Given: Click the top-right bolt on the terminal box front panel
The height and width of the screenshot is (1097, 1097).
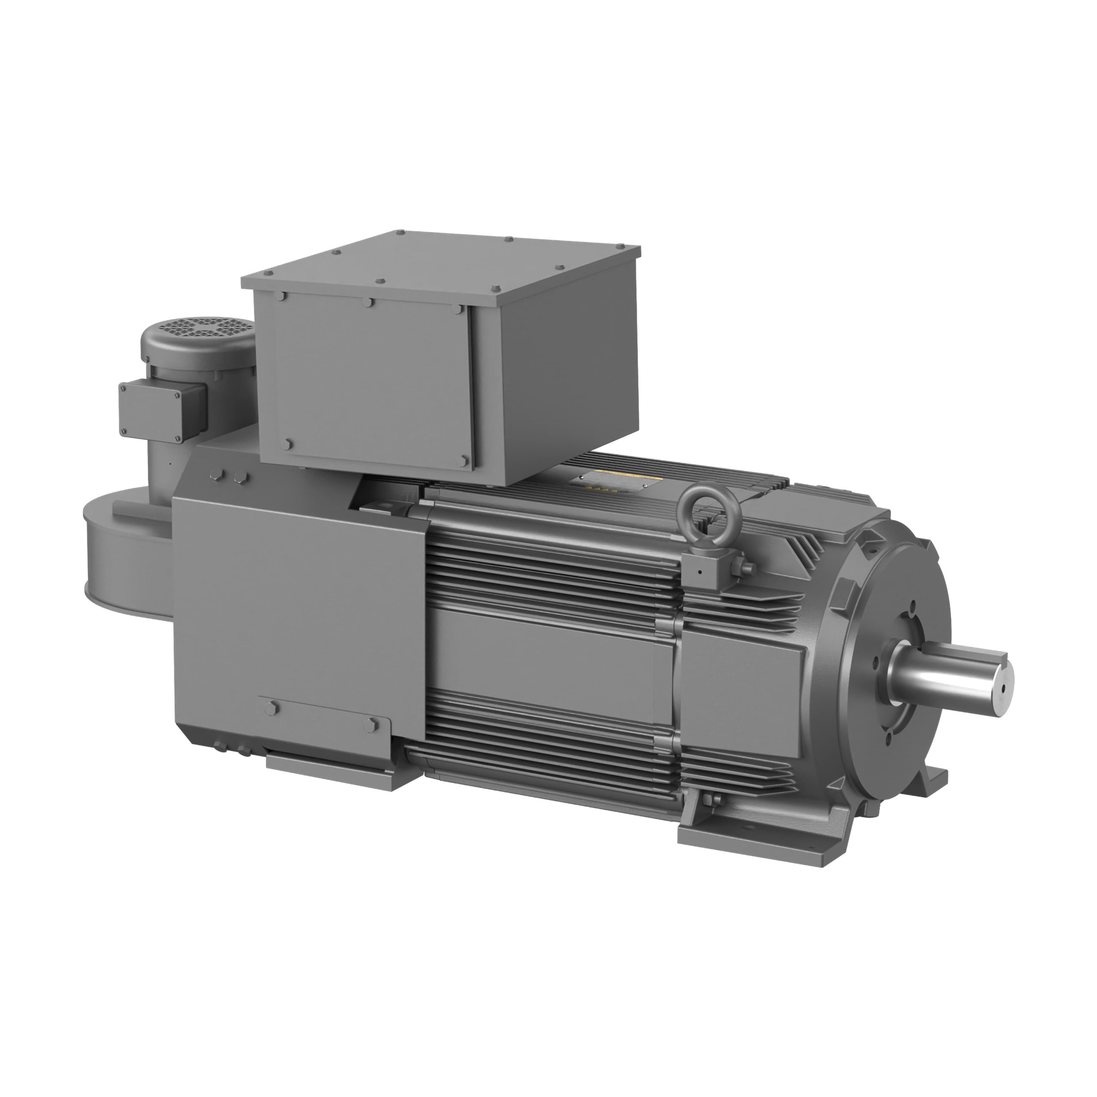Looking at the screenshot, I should [458, 310].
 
